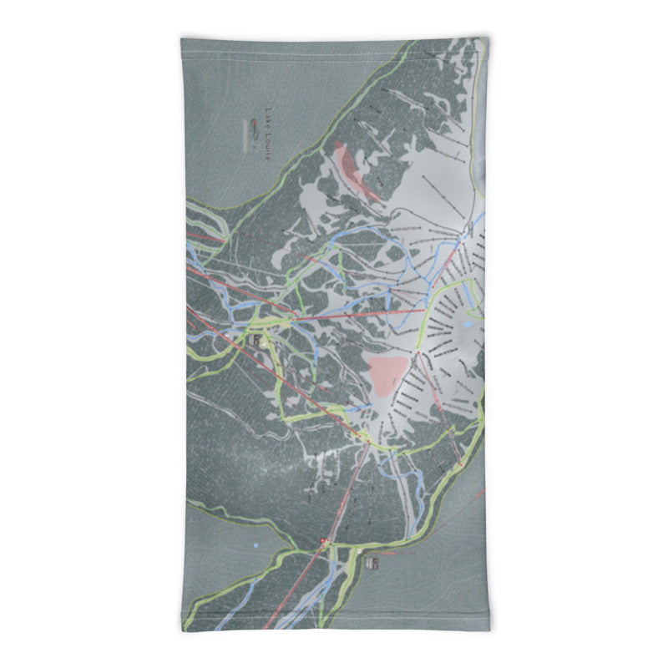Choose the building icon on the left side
coord(253,341)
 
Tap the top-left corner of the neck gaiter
coord(182,38)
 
